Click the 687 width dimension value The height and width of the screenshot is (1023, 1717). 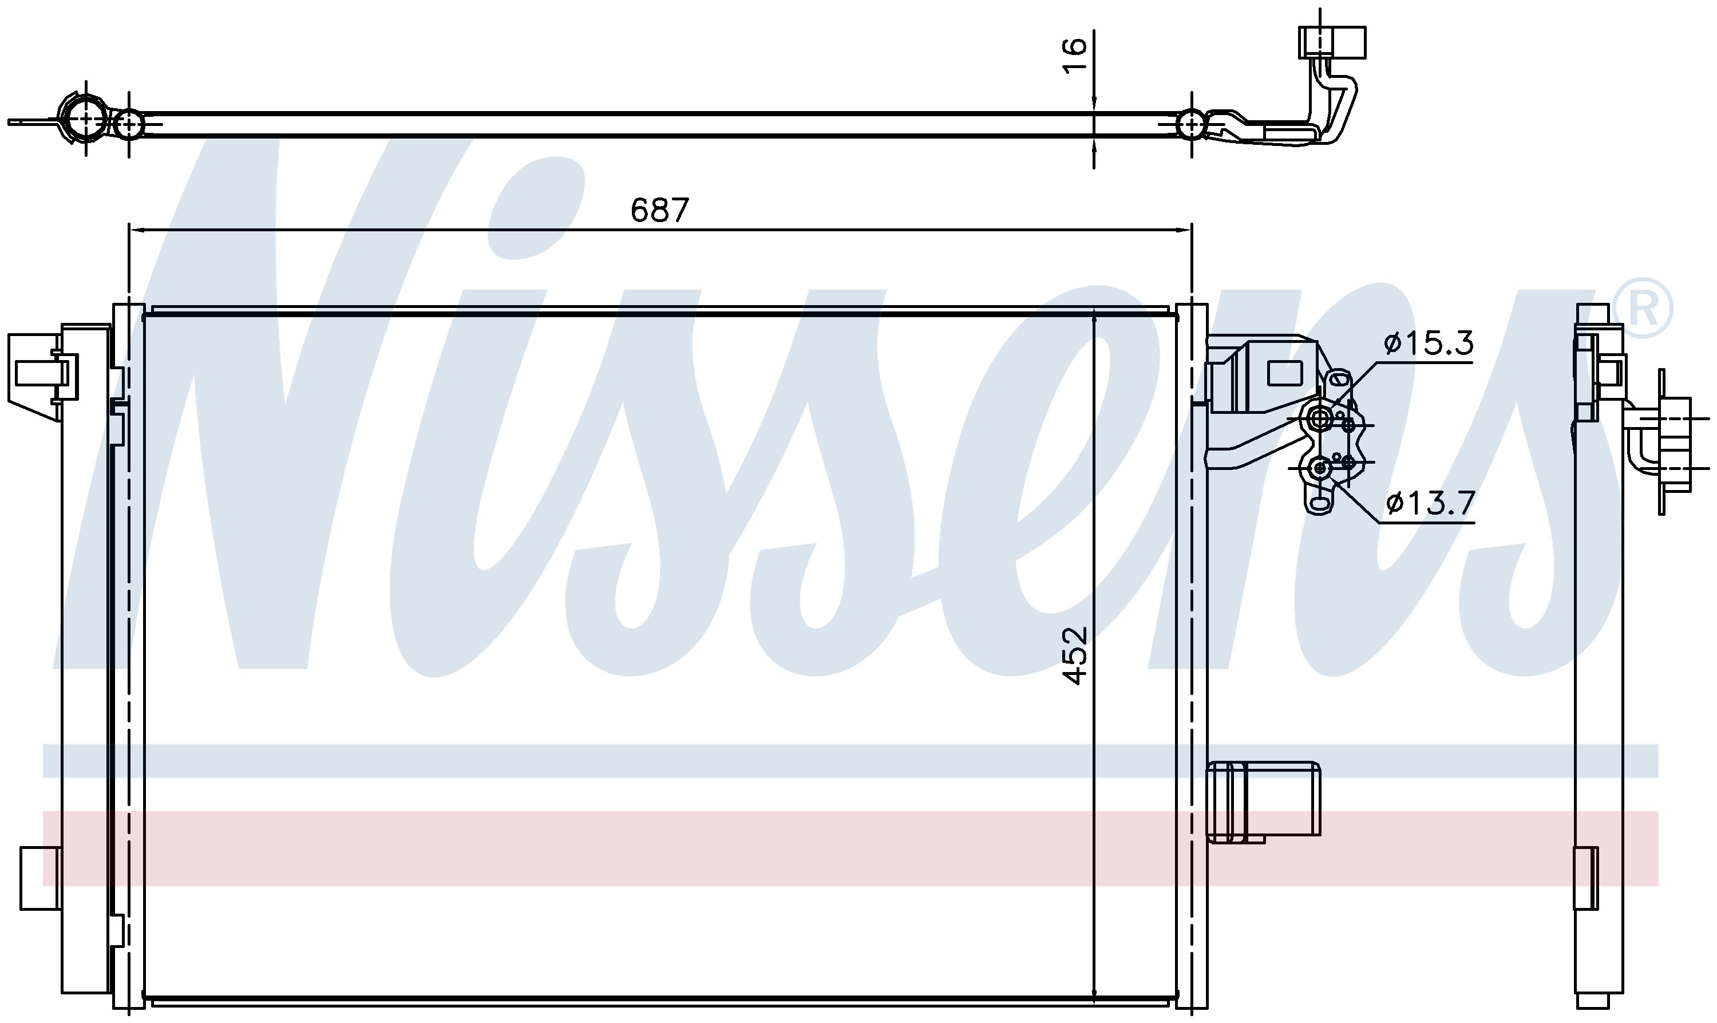pos(659,210)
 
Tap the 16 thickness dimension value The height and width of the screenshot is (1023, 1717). pos(1074,54)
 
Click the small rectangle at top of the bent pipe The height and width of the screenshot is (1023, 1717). pos(1332,42)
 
